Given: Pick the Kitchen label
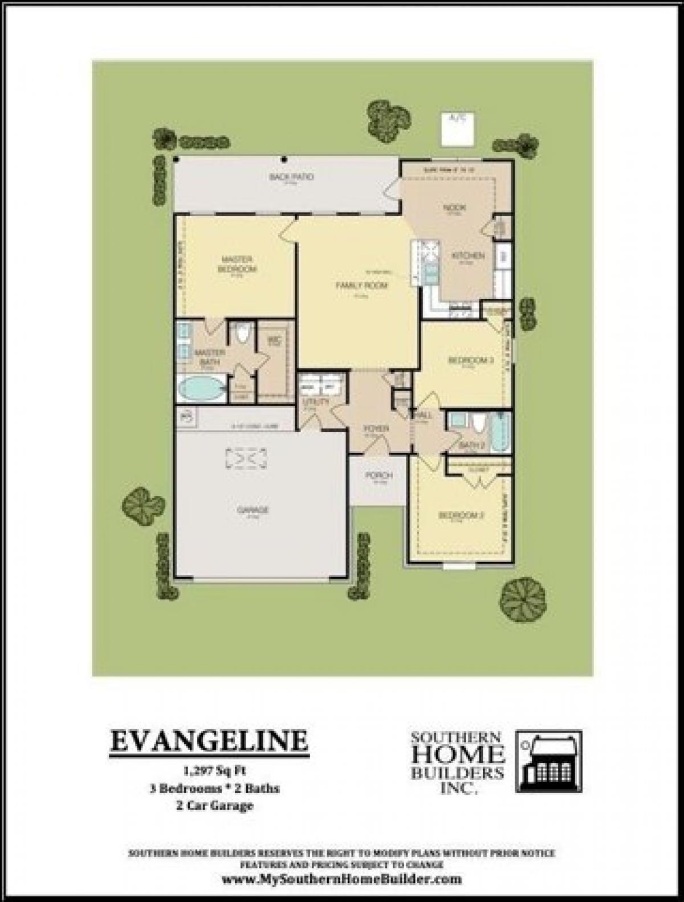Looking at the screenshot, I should pyautogui.click(x=468, y=257).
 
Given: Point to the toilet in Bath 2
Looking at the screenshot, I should pyautogui.click(x=478, y=425).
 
